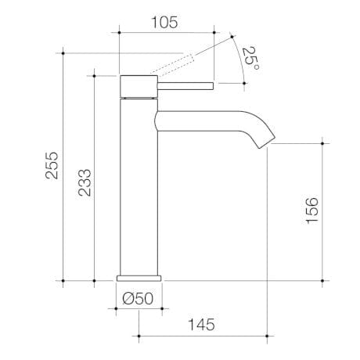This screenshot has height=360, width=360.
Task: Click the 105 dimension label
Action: click(x=164, y=22)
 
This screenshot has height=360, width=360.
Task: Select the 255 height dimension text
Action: click(x=51, y=165)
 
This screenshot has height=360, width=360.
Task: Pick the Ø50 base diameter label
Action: click(x=139, y=297)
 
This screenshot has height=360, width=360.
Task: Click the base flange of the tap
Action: click(x=139, y=276)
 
